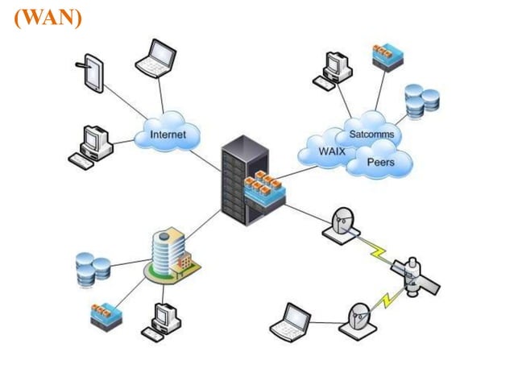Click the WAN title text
click(48, 17)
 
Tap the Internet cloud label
click(168, 135)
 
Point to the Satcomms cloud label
click(371, 134)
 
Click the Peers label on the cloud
click(380, 163)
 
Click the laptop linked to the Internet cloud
click(155, 58)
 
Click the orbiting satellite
click(415, 276)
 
